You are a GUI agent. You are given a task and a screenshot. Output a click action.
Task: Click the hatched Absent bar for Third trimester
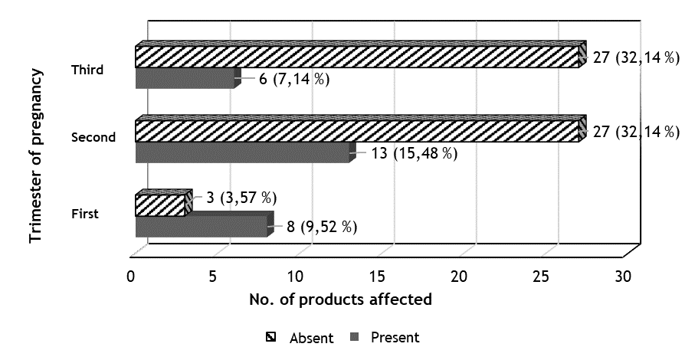pos(356,57)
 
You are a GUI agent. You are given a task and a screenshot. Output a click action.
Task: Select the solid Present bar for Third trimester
pos(185,78)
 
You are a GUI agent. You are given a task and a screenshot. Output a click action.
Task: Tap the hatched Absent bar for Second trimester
pos(356,131)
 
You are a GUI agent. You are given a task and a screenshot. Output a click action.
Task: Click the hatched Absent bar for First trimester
pos(160,205)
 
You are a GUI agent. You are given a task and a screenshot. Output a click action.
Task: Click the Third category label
pos(87,70)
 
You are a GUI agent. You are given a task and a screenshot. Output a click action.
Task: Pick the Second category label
pos(93,138)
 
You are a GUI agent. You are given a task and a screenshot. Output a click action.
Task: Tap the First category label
pos(84,214)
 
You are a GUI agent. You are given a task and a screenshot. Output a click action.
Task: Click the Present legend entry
pos(386,338)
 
